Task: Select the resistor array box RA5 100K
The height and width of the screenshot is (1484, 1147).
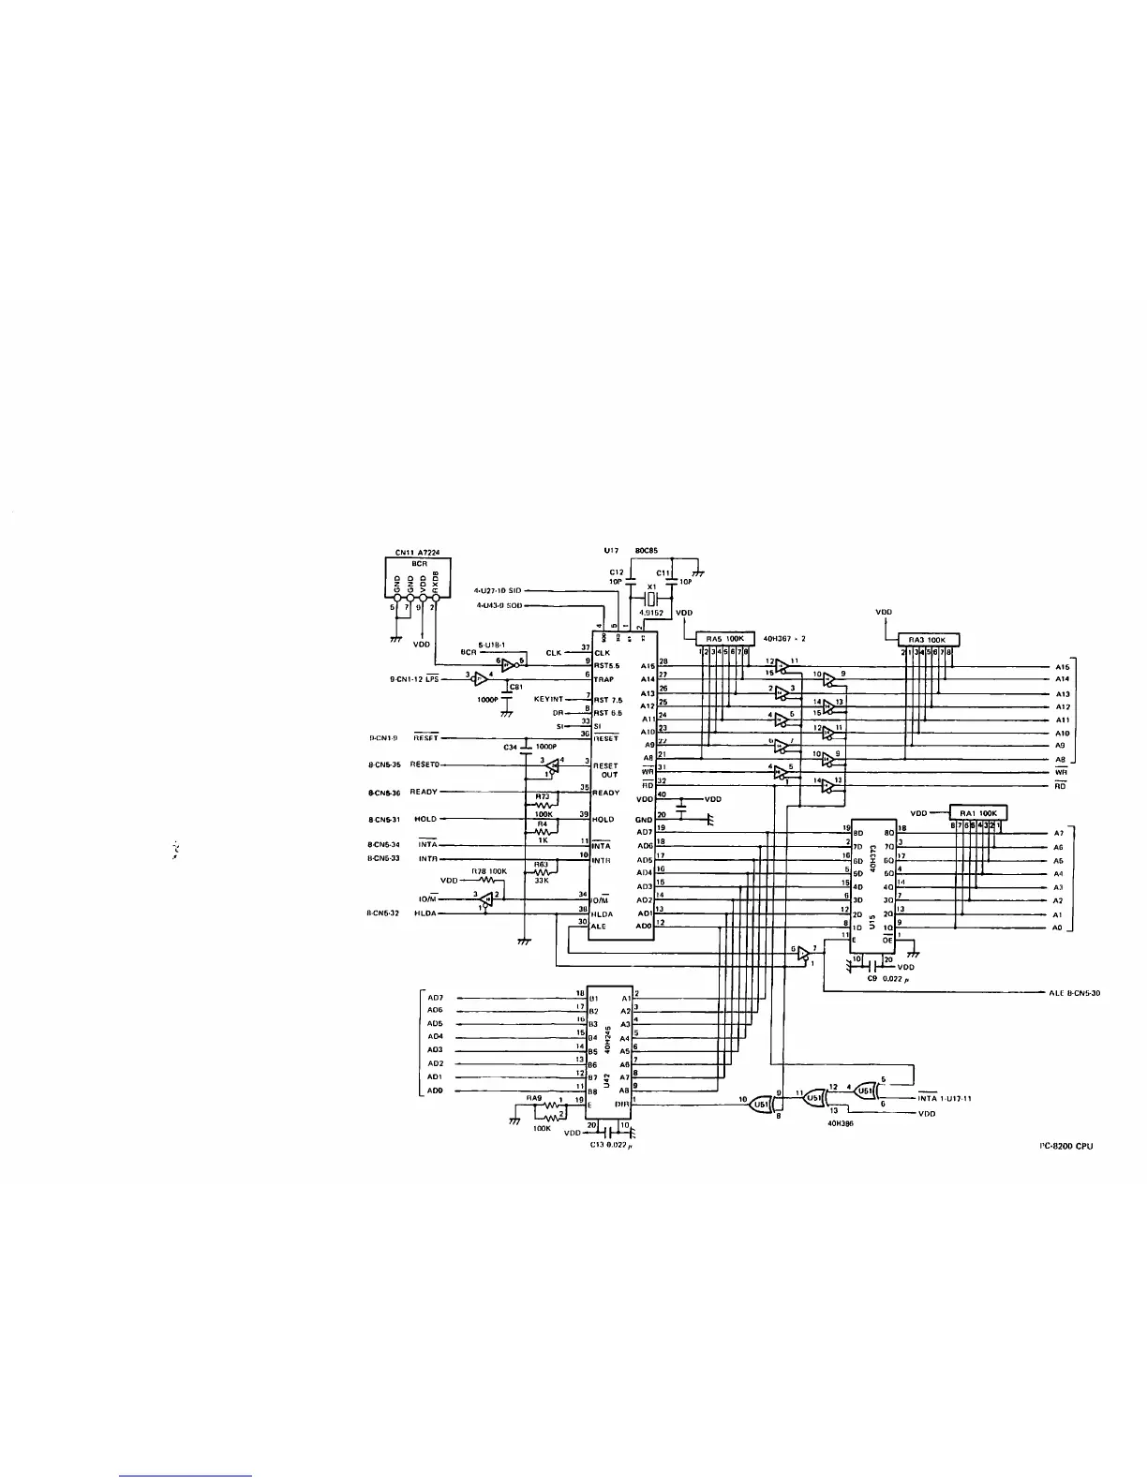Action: (722, 639)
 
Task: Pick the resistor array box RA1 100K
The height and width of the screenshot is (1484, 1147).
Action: (979, 811)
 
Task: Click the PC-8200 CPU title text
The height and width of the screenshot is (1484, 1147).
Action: (1066, 1145)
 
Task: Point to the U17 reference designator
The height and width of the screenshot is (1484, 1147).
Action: (613, 551)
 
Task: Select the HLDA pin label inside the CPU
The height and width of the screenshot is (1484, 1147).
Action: (604, 912)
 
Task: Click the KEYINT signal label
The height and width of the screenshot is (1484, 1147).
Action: (550, 699)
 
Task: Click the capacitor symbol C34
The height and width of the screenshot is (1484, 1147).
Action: (525, 747)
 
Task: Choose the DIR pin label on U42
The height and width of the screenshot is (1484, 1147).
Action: (623, 1103)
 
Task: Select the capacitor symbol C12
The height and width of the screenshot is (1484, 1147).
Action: (618, 582)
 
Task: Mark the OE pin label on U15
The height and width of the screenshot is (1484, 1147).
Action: (887, 935)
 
